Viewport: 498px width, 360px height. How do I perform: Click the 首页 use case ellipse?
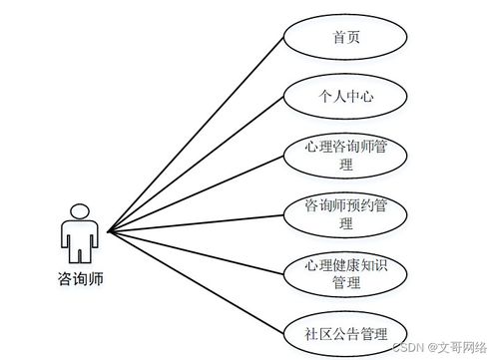coord(345,39)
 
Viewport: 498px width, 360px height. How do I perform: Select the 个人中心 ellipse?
coord(345,97)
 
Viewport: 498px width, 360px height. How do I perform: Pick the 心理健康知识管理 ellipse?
coord(345,274)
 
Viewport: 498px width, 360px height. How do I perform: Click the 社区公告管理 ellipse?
coord(345,332)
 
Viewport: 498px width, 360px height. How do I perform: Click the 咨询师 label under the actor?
coord(79,280)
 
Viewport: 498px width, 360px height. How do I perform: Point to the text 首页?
coord(345,39)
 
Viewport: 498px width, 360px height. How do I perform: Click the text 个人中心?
coord(345,97)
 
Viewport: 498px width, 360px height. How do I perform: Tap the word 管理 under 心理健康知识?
coord(345,283)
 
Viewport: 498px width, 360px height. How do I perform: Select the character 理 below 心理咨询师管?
coord(345,166)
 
